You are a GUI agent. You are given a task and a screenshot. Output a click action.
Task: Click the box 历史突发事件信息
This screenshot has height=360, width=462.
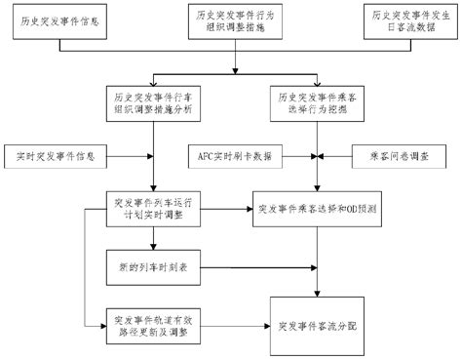pyautogui.click(x=58, y=20)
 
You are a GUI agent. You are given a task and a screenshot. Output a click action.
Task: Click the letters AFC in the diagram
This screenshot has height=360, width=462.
pyautogui.click(x=203, y=155)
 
